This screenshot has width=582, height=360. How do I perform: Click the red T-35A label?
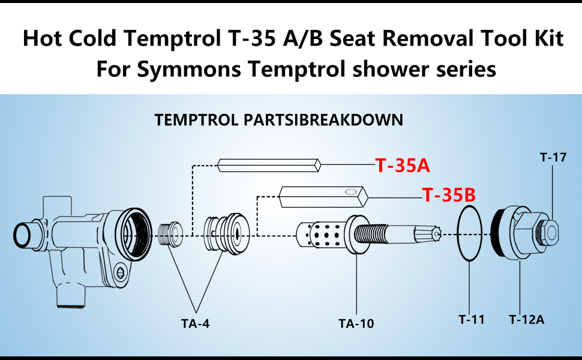pyautogui.click(x=403, y=165)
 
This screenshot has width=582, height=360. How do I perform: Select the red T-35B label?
pyautogui.click(x=449, y=195)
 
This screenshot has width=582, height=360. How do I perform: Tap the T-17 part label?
pyautogui.click(x=553, y=158)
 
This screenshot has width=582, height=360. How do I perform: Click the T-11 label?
pyautogui.click(x=472, y=319)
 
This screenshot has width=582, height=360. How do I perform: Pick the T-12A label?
pyautogui.click(x=526, y=319)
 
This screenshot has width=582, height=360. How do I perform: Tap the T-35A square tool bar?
pyautogui.click(x=270, y=164)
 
